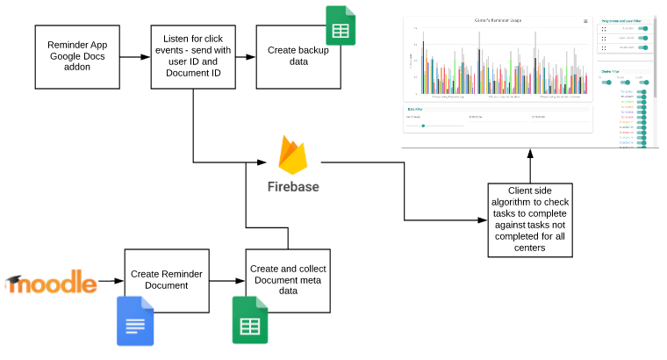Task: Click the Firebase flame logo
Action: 293,155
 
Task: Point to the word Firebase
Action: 293,186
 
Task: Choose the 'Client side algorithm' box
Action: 530,220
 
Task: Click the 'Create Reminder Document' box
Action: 167,280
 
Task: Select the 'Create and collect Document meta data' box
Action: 288,280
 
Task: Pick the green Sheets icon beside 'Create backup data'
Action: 340,25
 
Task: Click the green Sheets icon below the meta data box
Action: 249,320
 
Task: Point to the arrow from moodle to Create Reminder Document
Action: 111,281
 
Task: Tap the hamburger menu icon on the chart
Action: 586,20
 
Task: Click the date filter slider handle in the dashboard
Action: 423,126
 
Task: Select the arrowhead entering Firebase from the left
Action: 262,162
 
